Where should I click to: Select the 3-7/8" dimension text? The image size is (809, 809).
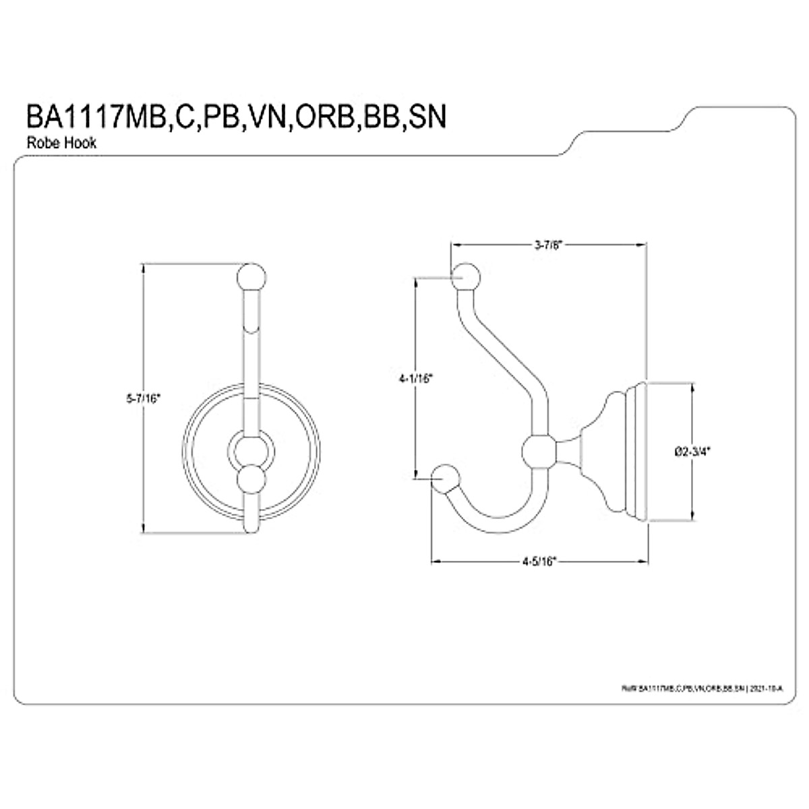[548, 246]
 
